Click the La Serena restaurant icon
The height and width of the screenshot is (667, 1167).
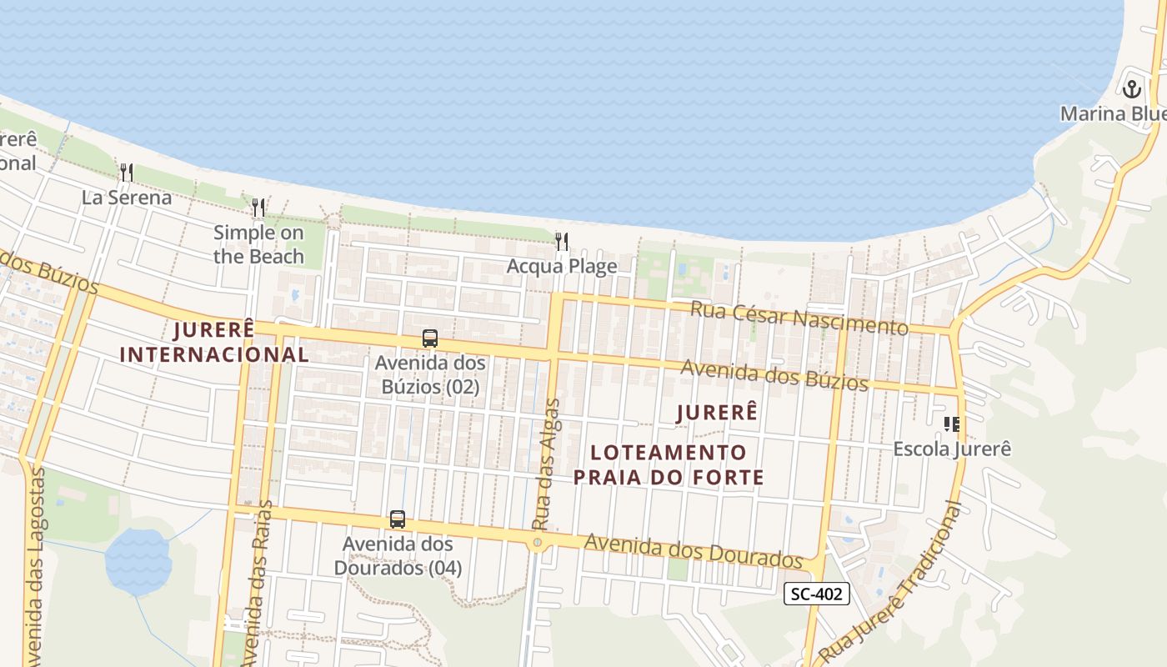pos(127,173)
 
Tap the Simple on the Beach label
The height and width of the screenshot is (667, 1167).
pos(258,244)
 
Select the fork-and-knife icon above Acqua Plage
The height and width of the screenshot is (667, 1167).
pos(562,242)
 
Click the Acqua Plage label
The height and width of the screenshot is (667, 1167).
pos(562,267)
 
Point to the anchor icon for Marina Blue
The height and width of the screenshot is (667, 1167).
pos(1131,88)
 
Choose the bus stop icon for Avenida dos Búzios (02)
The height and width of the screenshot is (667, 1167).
pos(430,339)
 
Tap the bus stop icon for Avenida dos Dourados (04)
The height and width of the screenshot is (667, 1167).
pos(398,519)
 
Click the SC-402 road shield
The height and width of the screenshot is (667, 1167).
pos(817,594)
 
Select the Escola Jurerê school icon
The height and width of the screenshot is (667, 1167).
pos(951,424)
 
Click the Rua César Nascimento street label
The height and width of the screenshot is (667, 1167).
pos(799,317)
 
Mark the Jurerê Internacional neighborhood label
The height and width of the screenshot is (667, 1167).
pos(214,342)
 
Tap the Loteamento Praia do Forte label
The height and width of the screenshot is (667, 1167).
pos(669,464)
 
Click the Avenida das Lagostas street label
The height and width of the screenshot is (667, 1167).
pos(36,567)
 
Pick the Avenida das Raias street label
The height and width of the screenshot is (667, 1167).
pos(261,575)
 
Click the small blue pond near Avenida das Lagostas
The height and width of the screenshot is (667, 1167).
pos(138,562)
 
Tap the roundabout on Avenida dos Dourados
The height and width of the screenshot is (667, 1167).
pos(538,543)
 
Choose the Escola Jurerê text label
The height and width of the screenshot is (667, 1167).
pos(952,449)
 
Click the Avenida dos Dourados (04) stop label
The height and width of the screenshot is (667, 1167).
pos(398,556)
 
